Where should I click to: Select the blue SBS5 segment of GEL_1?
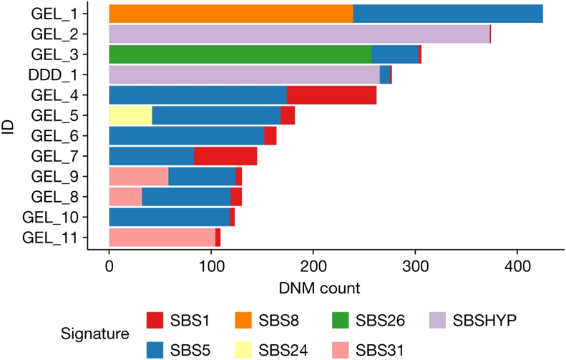click(x=448, y=14)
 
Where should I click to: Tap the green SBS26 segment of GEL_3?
click(x=240, y=54)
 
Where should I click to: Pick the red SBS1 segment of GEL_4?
click(x=331, y=94)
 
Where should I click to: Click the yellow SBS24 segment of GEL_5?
click(x=130, y=115)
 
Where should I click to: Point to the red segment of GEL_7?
click(x=225, y=156)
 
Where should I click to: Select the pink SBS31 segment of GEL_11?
click(x=162, y=237)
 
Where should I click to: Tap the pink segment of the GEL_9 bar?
click(x=138, y=176)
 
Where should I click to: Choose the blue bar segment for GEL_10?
click(x=169, y=217)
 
